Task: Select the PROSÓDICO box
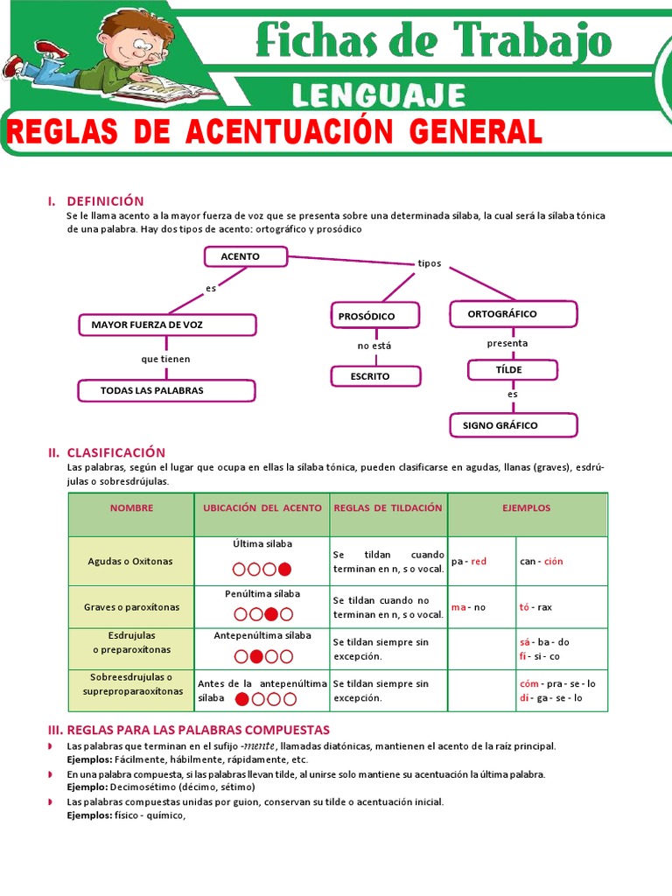[x=374, y=315]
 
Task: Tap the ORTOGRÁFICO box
[x=513, y=313]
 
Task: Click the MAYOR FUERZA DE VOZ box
[x=166, y=325]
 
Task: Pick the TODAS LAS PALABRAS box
[x=166, y=390]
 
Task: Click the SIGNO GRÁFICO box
[x=513, y=425]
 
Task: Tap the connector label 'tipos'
[x=430, y=263]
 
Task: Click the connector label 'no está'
[x=374, y=346]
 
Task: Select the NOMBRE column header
[x=131, y=507]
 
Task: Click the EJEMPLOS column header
[x=527, y=507]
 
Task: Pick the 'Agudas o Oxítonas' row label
[x=131, y=561]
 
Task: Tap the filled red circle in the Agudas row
[x=284, y=570]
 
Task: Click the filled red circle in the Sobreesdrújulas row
[x=242, y=698]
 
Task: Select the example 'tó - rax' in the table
[x=535, y=607]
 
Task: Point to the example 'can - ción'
[x=542, y=561]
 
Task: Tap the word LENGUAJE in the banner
[x=378, y=94]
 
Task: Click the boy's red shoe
[x=52, y=49]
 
